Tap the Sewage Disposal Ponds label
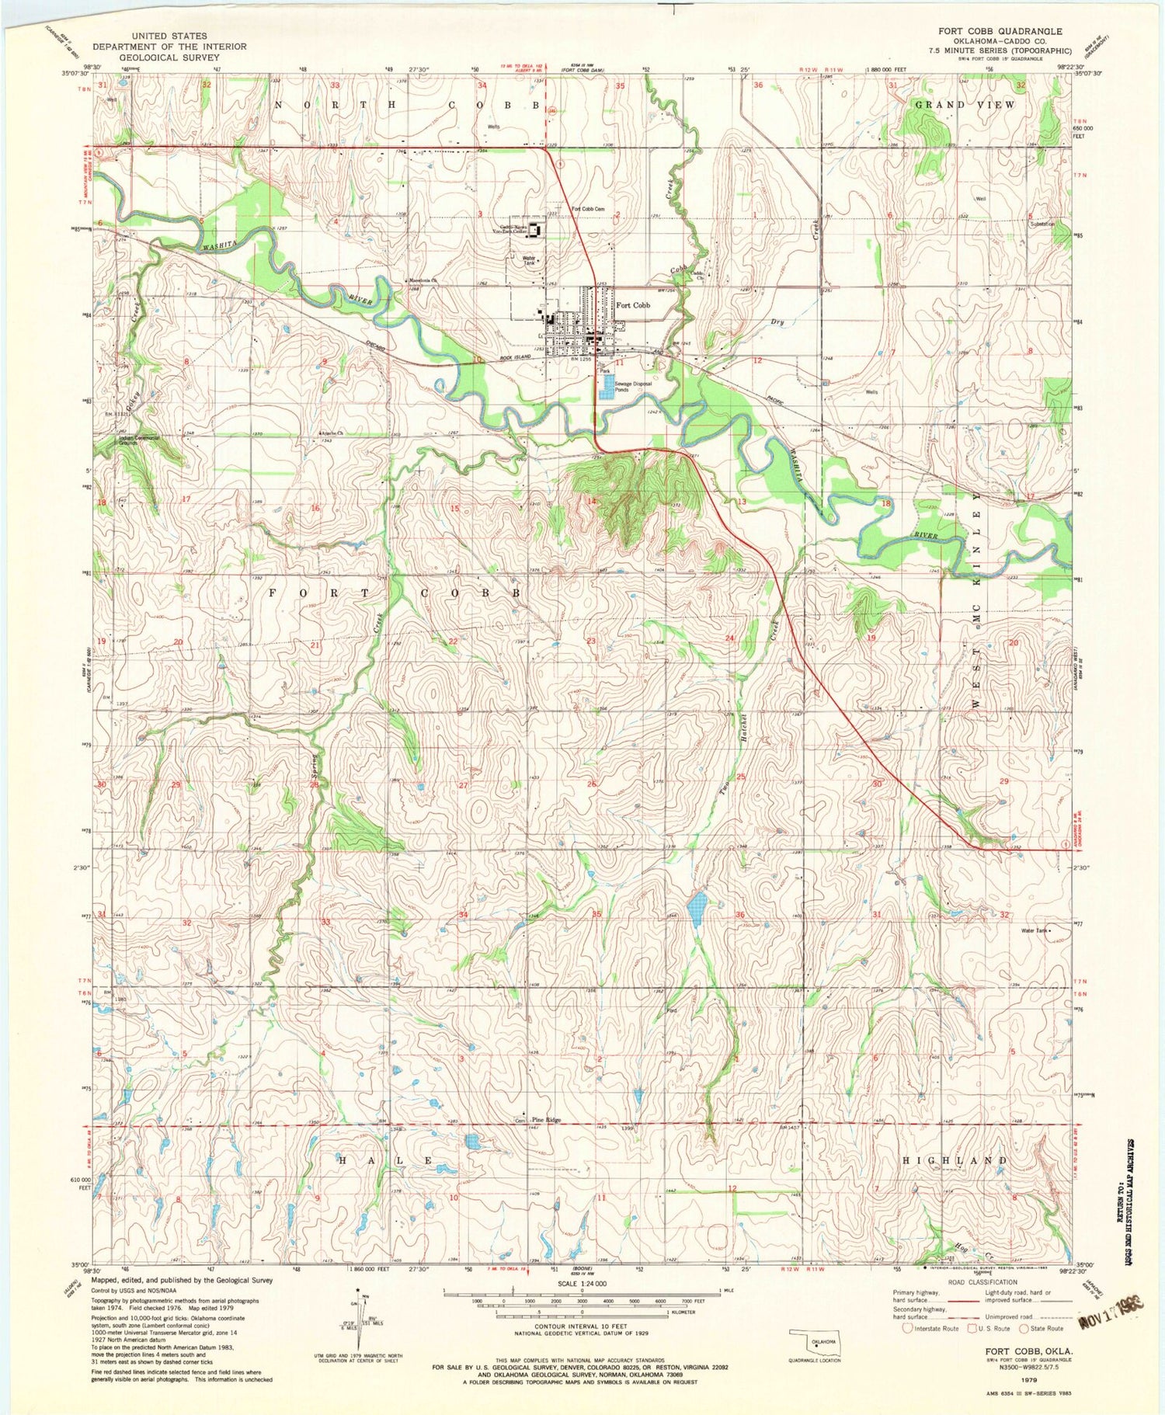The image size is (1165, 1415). [x=631, y=387]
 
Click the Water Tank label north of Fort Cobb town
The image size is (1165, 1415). [x=530, y=260]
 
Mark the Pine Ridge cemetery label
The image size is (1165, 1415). [x=546, y=1120]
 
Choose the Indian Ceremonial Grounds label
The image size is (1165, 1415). [x=139, y=439]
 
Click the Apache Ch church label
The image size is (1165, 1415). [x=329, y=433]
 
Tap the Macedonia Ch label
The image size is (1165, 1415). [x=423, y=280]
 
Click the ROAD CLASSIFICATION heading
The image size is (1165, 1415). [x=981, y=1282]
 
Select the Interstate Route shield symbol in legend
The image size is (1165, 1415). [x=907, y=1328]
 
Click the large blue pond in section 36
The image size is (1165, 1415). [x=697, y=906]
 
